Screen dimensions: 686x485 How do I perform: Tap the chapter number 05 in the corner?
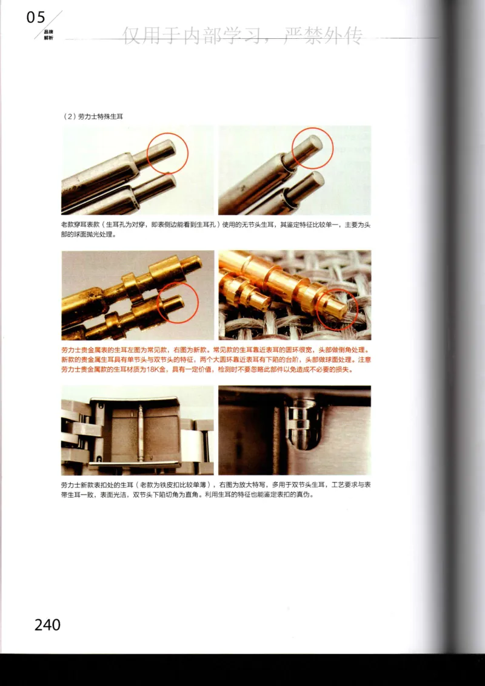[36, 18]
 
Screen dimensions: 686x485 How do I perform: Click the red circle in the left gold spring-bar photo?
[178, 302]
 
